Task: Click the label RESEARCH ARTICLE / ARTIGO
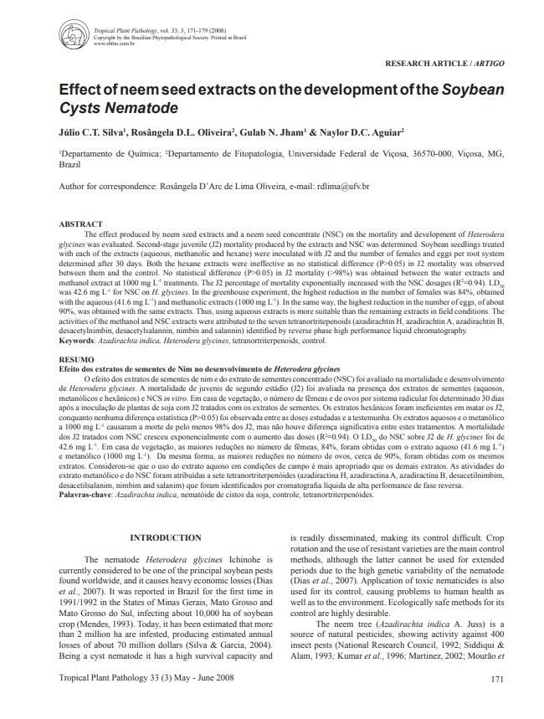click(x=444, y=64)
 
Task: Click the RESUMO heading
click(x=76, y=358)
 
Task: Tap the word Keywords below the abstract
click(x=83, y=341)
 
